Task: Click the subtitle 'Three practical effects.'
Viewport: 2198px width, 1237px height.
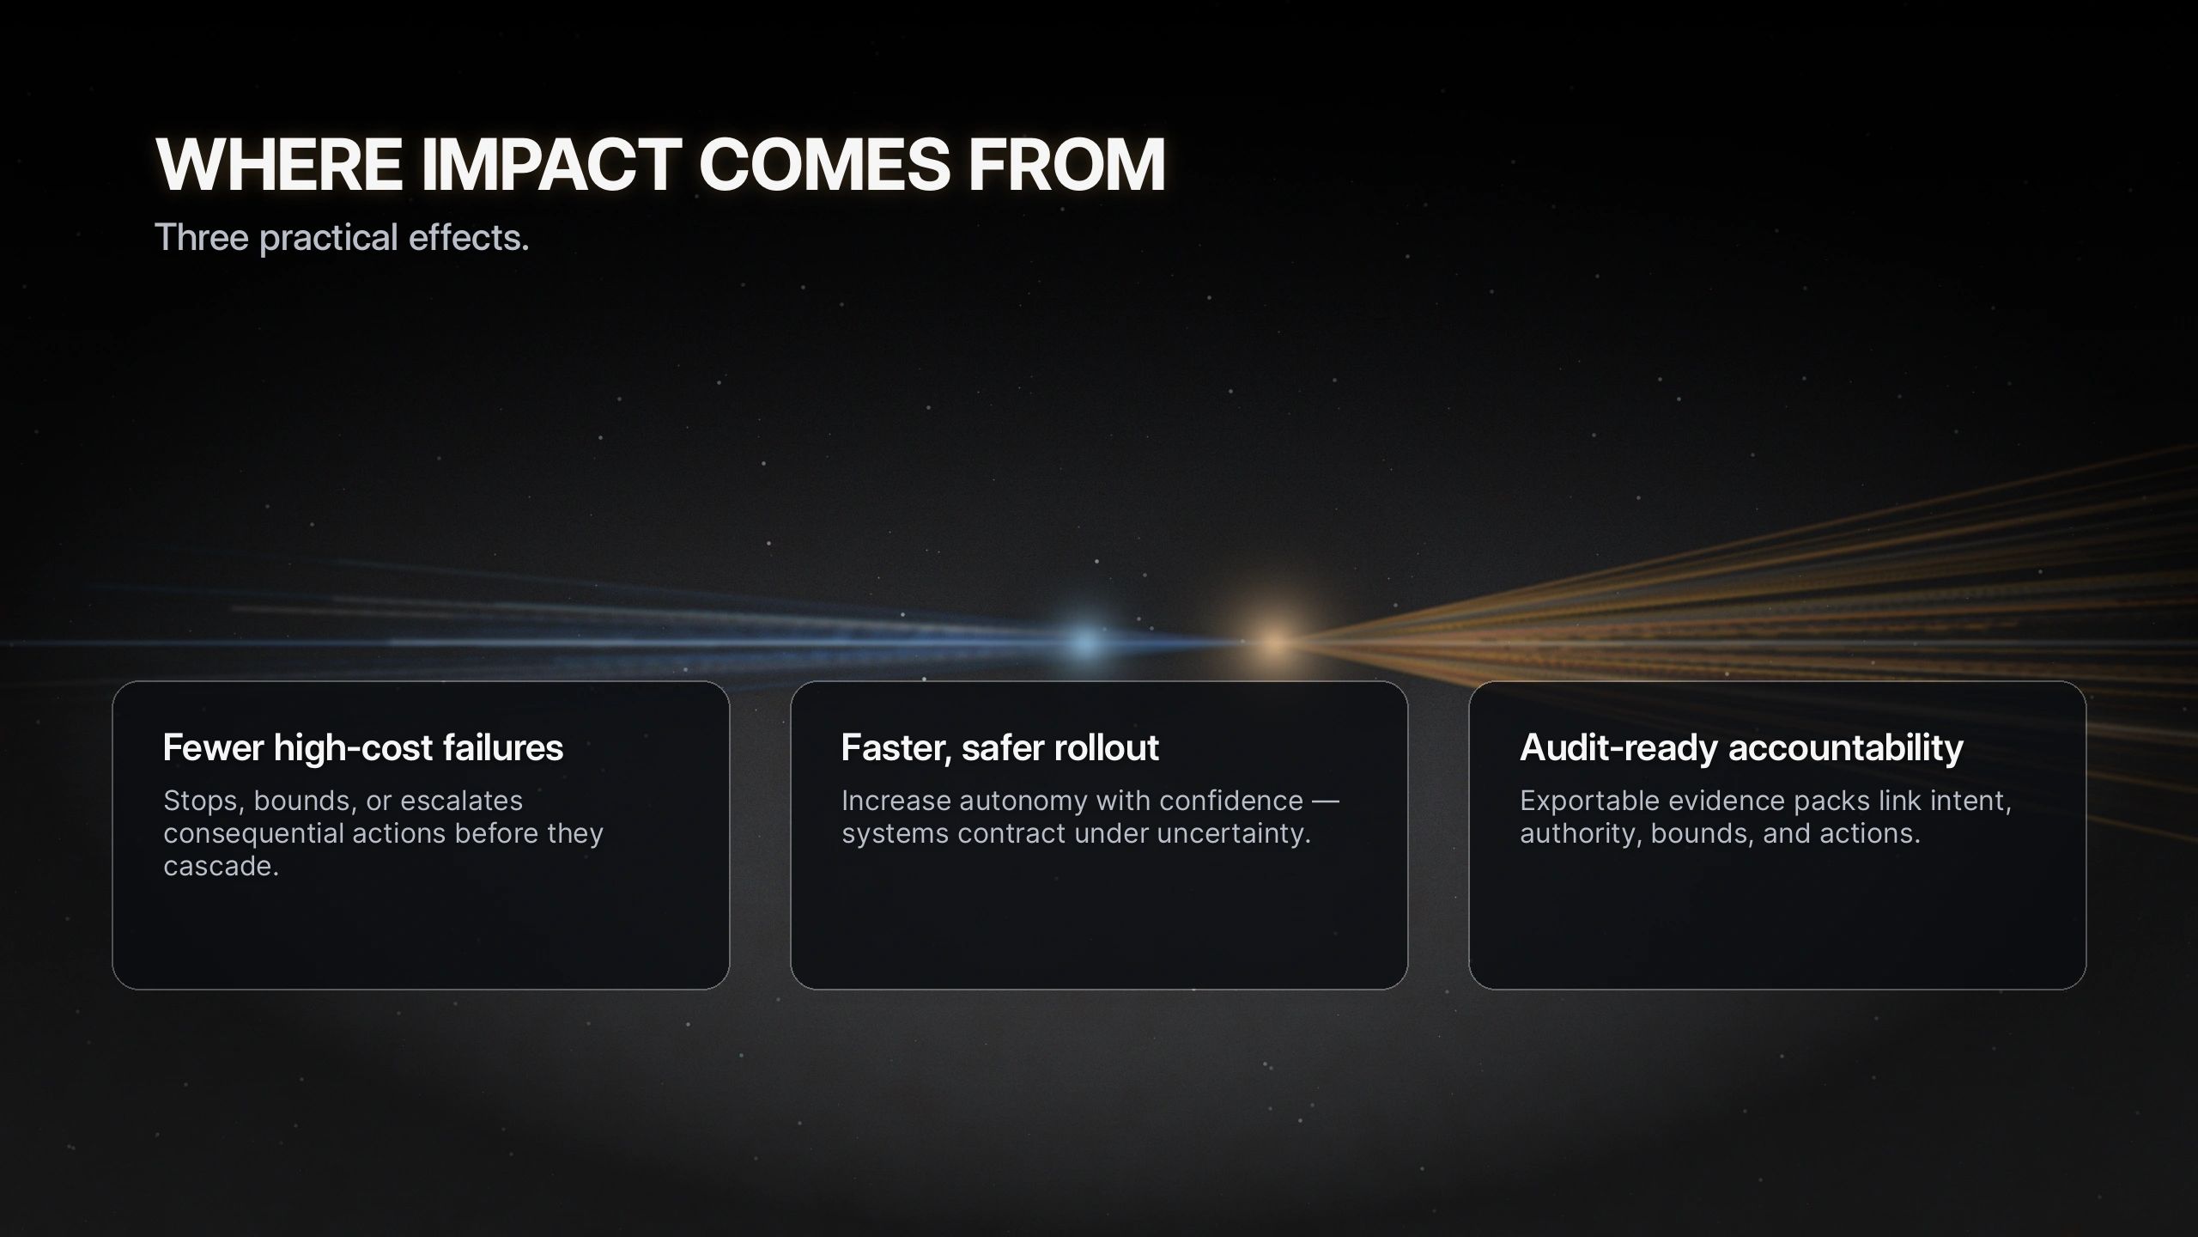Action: (342, 237)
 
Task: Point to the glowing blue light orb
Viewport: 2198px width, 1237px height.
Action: (1087, 642)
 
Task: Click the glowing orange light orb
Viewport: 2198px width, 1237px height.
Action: (1275, 642)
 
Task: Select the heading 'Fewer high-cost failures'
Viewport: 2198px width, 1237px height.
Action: (363, 748)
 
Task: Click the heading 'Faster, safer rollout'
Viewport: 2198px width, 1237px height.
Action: (1000, 748)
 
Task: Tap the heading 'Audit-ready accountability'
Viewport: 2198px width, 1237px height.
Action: (1741, 748)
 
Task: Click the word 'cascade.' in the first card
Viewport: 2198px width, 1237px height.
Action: (222, 866)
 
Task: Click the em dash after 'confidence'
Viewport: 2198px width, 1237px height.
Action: (1326, 801)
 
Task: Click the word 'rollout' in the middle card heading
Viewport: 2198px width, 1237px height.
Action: (1108, 748)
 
